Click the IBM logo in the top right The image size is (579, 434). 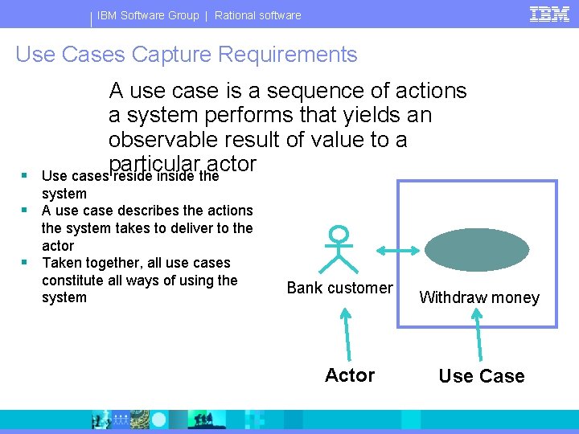549,14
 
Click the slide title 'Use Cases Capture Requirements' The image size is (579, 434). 187,55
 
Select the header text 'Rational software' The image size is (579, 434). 257,15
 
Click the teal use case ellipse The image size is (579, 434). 477,250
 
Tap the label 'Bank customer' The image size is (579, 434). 340,288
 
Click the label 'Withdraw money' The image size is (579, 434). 479,297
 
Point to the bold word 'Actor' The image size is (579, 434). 350,375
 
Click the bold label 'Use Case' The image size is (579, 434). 482,376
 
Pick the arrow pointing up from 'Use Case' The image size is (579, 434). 480,334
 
